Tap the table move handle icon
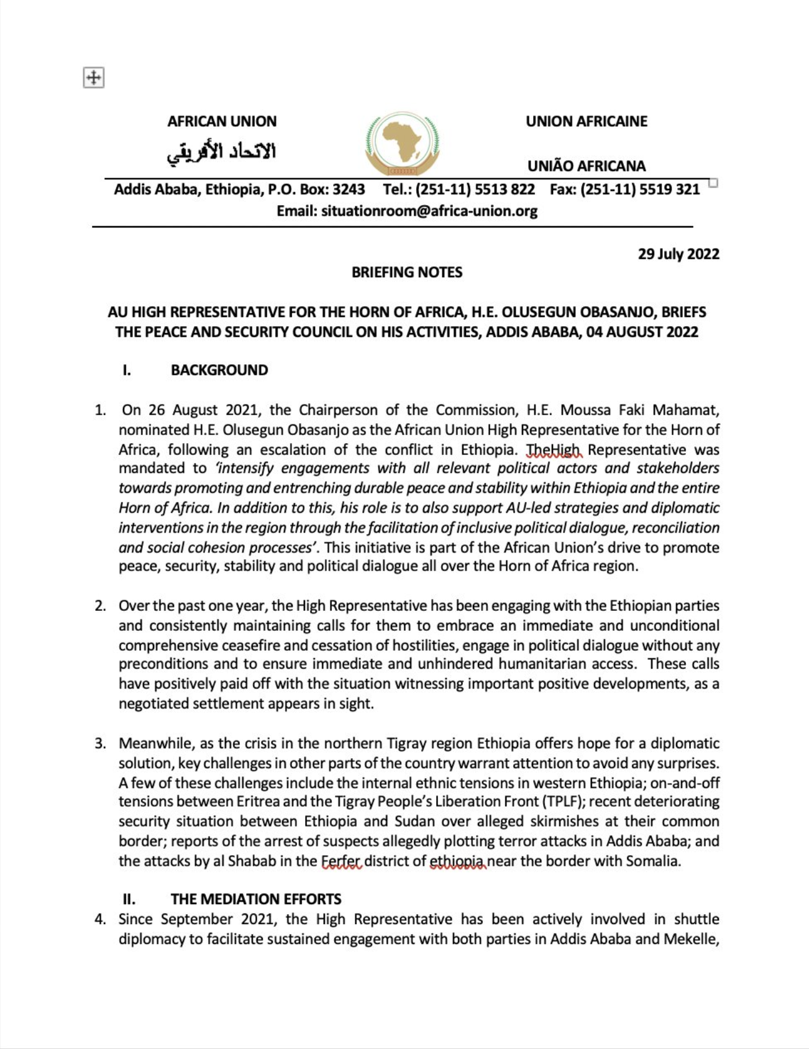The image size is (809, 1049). point(93,78)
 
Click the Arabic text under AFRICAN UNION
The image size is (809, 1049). point(222,152)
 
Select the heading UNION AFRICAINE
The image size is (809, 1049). point(586,121)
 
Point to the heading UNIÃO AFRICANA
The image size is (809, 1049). point(586,166)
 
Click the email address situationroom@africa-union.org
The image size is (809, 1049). point(429,211)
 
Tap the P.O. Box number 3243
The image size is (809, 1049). point(349,190)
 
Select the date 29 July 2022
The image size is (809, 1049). point(679,254)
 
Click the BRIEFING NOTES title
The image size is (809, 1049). point(407,272)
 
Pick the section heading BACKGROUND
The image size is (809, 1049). point(219,370)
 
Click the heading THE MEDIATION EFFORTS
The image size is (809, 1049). point(256,899)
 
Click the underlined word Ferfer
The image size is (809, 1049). point(341,861)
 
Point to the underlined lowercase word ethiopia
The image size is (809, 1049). point(457,861)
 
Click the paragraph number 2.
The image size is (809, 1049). point(100,606)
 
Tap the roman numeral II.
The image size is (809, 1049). point(129,899)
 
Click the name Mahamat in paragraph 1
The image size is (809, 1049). point(692,410)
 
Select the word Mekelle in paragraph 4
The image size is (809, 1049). point(690,938)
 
